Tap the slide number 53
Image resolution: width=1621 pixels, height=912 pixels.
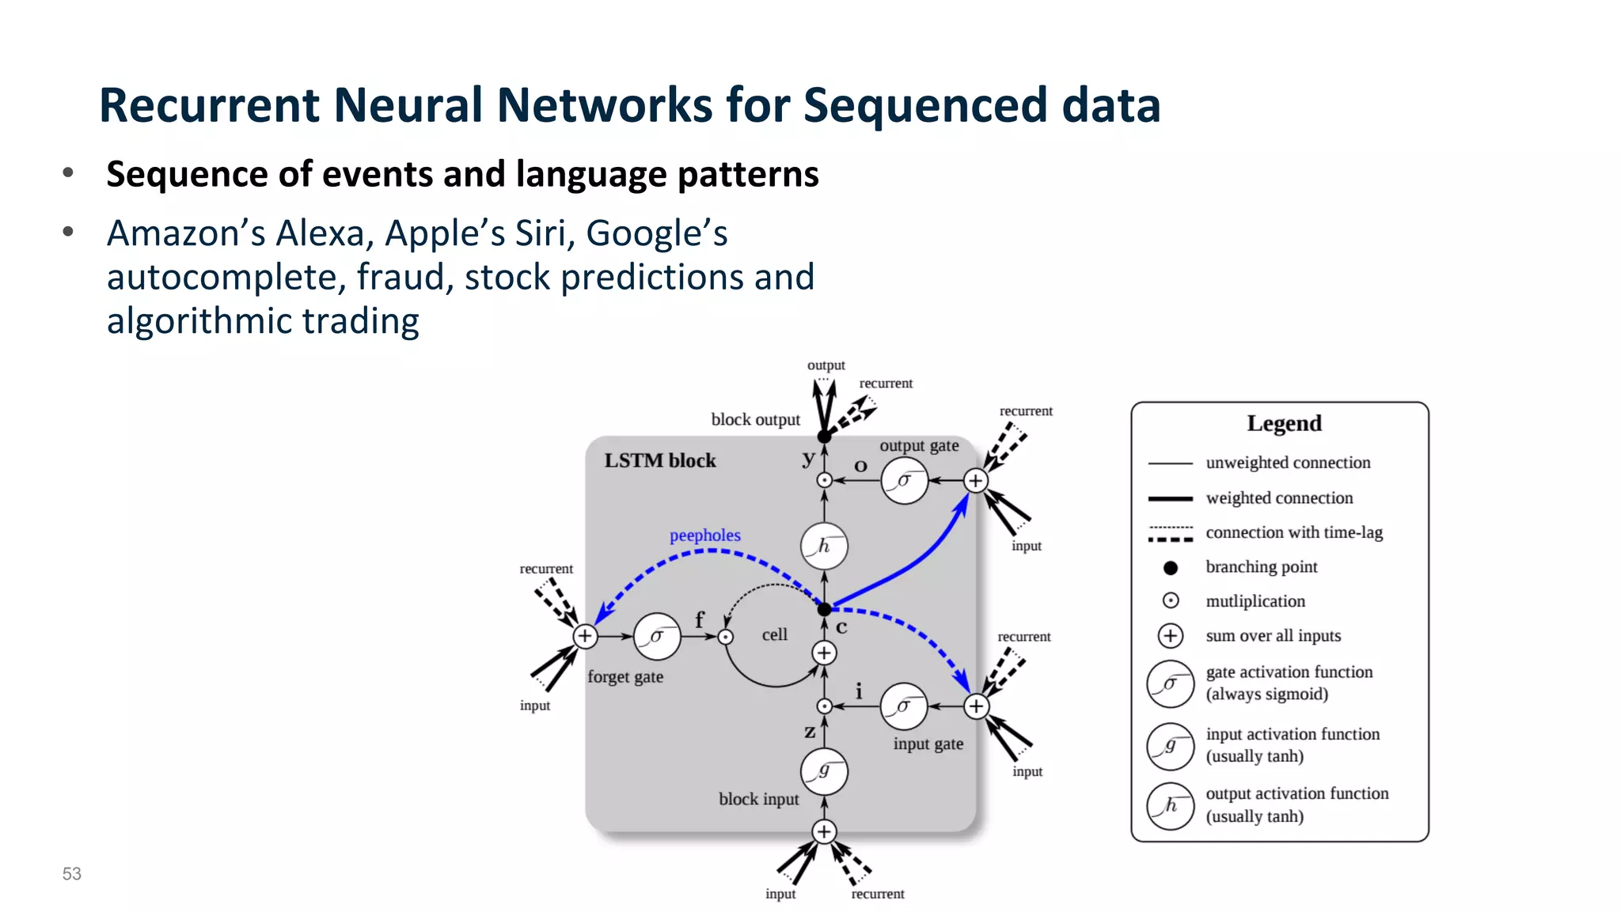[72, 874]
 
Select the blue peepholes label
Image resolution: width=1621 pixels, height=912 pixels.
[704, 535]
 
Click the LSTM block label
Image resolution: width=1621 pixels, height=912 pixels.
[659, 461]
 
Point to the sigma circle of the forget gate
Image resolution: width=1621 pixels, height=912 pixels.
[657, 636]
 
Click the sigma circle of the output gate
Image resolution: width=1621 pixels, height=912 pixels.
[904, 480]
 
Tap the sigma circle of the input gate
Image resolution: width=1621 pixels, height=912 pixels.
[903, 706]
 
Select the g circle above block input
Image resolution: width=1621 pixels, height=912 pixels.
[824, 771]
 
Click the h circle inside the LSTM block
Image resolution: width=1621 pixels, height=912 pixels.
[824, 546]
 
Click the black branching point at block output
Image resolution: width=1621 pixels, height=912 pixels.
[824, 437]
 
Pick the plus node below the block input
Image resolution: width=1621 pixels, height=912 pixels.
[824, 831]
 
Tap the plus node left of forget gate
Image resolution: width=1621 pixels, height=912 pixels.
[585, 636]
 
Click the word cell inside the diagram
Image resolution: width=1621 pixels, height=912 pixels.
[774, 635]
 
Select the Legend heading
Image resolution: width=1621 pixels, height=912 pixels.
[1284, 424]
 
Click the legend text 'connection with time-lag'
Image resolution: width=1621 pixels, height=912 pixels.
[1293, 533]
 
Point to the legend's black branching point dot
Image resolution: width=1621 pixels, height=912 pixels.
[1171, 568]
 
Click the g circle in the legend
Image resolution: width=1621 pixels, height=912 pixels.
[1170, 746]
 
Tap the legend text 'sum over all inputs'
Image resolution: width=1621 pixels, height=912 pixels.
[1273, 636]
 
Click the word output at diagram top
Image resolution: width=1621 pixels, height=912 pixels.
[826, 365]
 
